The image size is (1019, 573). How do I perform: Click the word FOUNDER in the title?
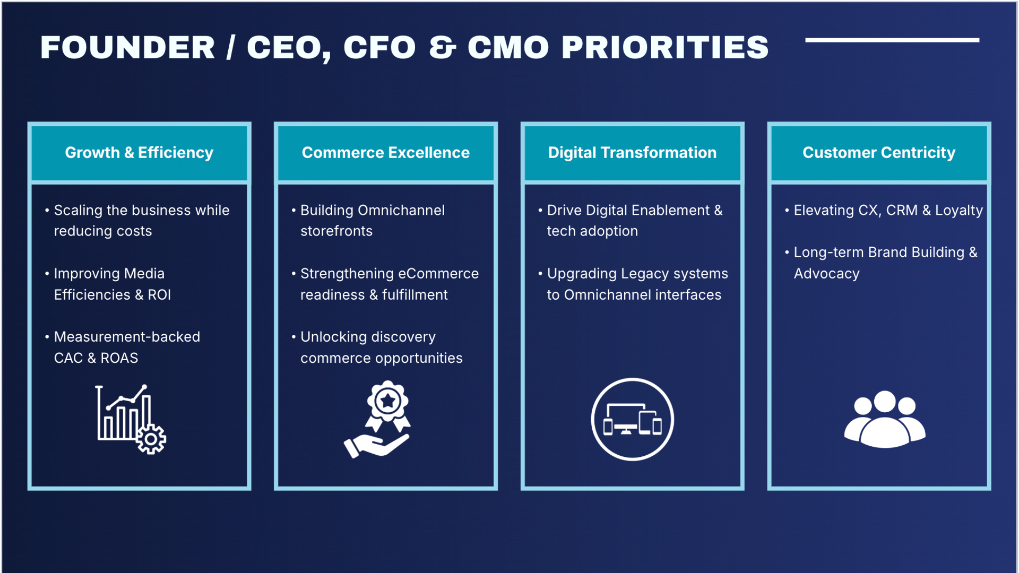click(x=127, y=48)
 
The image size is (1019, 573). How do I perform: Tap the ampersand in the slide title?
click(x=442, y=48)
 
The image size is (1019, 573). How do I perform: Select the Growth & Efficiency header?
click(x=139, y=153)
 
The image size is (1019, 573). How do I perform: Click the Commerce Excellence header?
click(x=386, y=153)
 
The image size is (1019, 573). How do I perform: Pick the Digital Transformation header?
click(x=632, y=153)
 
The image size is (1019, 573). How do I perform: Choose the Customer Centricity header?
click(x=879, y=153)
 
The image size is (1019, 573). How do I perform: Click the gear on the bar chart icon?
click(x=151, y=439)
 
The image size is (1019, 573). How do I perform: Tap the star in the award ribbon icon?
click(x=388, y=401)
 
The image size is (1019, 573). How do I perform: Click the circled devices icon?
click(x=632, y=419)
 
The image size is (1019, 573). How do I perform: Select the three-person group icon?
click(x=885, y=419)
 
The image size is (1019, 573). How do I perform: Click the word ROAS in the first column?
click(x=119, y=358)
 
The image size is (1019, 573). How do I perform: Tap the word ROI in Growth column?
click(x=159, y=295)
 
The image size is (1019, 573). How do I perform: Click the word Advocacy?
click(x=826, y=274)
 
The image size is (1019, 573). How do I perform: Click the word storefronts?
click(x=336, y=231)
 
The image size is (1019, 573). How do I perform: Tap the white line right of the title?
click(x=892, y=40)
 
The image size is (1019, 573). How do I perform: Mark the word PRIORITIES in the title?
click(x=665, y=48)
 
